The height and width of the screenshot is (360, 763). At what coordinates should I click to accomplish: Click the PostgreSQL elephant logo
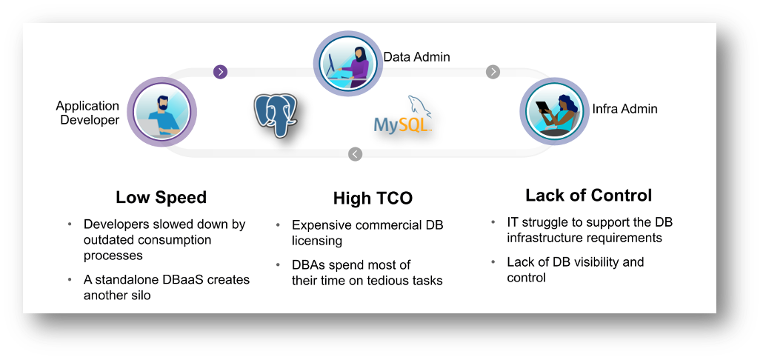coord(275,116)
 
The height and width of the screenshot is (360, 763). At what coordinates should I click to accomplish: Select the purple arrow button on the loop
coord(221,72)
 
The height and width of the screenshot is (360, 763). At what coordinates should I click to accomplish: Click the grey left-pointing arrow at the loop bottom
coord(356,154)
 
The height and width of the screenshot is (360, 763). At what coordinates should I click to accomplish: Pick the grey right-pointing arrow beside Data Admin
coord(493,72)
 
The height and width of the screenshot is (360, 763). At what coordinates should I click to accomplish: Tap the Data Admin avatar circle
coord(347,63)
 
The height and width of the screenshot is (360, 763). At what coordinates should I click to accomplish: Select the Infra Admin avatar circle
coord(554,113)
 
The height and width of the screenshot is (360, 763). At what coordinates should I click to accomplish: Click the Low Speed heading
coord(161,197)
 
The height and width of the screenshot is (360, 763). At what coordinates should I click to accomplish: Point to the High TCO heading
coord(373,198)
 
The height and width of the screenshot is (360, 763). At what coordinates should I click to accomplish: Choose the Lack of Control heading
coord(588,195)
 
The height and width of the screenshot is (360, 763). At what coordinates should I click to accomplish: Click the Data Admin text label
coord(416,57)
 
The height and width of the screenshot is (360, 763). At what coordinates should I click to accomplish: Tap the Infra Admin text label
coord(624,109)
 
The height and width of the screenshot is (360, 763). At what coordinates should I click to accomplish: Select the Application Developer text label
coord(87,113)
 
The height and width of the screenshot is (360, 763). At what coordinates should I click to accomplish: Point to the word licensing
coord(317,241)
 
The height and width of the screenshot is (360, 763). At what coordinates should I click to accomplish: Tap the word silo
coord(139,296)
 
